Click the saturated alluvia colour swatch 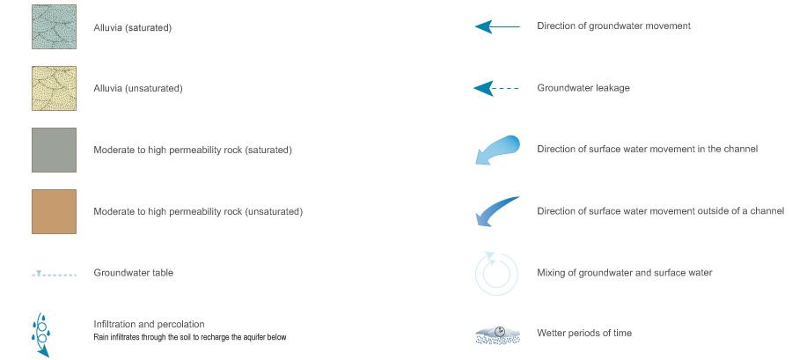coord(54,27)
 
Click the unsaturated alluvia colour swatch coord(54,89)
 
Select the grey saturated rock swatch coord(54,150)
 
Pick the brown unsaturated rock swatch coord(54,211)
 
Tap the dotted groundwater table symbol coord(54,274)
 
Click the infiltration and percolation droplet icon coord(40,334)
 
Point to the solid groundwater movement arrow coord(497,26)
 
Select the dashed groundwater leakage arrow coord(497,88)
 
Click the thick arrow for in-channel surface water coord(497,149)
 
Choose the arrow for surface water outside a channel coord(497,211)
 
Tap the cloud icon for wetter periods coord(497,334)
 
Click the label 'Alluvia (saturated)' coord(132,27)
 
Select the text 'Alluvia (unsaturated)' coord(137,89)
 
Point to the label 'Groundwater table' coord(133,273)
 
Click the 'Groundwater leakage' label coord(583,88)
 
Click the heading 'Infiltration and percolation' coord(149,325)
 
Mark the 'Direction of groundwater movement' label coord(613,26)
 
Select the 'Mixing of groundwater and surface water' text coord(624,273)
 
